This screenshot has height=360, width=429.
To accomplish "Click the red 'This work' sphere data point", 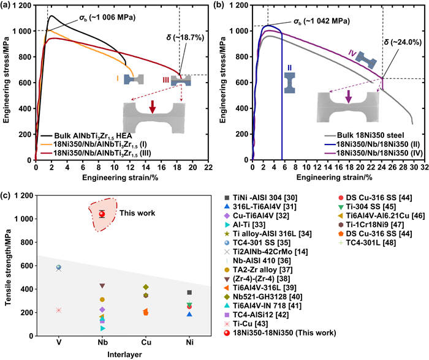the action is click(x=102, y=214).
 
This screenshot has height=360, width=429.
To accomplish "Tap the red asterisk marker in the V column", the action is click(x=59, y=310).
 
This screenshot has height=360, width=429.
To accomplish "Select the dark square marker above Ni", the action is click(x=189, y=293).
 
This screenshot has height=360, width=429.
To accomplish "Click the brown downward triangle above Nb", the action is click(x=102, y=286).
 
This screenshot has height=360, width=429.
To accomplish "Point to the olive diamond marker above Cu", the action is click(x=146, y=287).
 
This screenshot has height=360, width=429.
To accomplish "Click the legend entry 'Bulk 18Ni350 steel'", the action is click(x=364, y=135).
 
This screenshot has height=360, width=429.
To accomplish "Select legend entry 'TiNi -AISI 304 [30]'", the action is click(x=260, y=198).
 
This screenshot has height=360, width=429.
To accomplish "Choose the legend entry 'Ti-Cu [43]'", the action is click(x=246, y=324).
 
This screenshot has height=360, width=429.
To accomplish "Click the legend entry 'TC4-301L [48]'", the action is click(x=367, y=242).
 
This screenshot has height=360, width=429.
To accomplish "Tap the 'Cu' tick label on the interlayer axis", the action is click(x=146, y=342).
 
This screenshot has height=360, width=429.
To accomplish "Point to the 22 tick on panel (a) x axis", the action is click(x=208, y=167).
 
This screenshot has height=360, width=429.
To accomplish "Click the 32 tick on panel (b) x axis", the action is click(x=424, y=167).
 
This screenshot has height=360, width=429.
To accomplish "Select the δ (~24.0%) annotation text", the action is click(x=403, y=42).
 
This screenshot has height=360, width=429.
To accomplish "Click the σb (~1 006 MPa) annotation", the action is click(x=107, y=18).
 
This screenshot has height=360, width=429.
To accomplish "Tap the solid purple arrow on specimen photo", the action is click(x=348, y=97).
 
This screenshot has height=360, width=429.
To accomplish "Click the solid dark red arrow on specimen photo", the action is click(x=153, y=107).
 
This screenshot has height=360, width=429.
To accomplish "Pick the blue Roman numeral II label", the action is click(x=289, y=68).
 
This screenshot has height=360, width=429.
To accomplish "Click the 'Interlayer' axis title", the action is click(x=124, y=354).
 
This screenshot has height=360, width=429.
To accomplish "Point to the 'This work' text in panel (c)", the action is click(x=137, y=213).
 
